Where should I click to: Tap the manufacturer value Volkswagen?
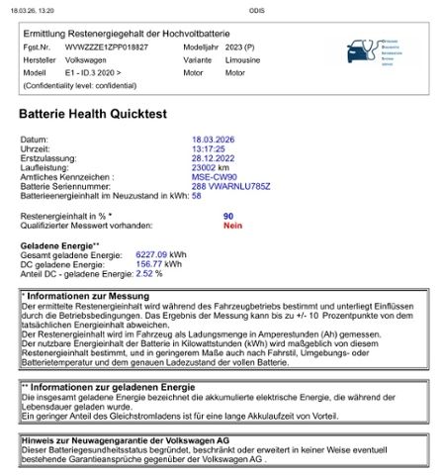(86, 59)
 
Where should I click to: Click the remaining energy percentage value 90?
(228, 215)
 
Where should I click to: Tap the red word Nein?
(232, 225)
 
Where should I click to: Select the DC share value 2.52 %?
(149, 272)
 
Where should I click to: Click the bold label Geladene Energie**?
(60, 244)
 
